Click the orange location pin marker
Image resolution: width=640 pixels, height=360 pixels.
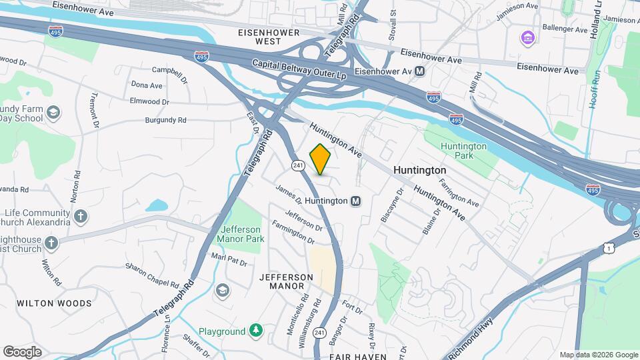[320, 159]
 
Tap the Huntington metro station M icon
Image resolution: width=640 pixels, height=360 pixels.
[356, 201]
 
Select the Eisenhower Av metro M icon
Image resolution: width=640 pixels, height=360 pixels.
[420, 71]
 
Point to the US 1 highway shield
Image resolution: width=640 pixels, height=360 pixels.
[607, 248]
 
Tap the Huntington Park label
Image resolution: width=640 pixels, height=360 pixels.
[463, 151]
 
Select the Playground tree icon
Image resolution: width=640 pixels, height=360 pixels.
[255, 331]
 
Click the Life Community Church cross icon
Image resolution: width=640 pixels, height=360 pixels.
[81, 216]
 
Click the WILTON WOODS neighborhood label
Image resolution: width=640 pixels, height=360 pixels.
[54, 303]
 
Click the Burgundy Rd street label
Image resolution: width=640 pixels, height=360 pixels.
[165, 121]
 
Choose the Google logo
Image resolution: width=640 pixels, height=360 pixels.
[22, 351]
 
